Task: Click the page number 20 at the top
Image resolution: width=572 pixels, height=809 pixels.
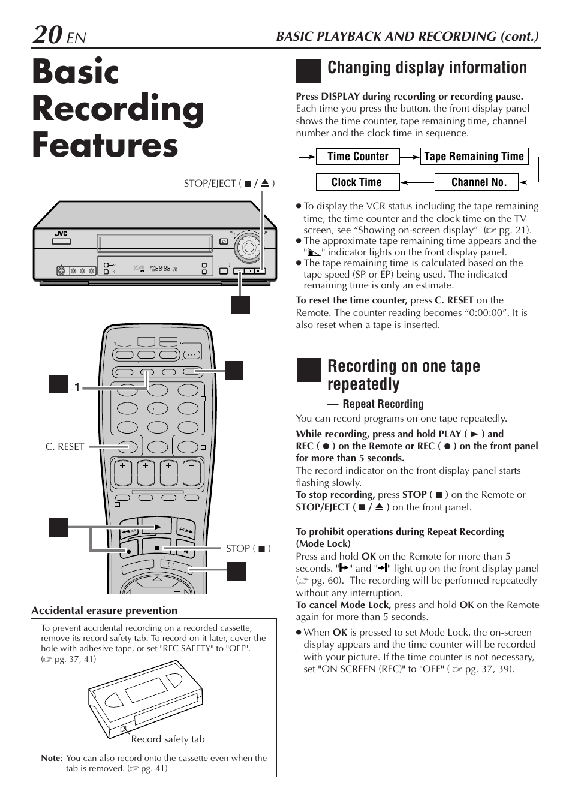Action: [x=47, y=35]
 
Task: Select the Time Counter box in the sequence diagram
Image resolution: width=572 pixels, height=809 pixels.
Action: [x=357, y=157]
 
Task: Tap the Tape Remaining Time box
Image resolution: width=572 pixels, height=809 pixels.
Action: [x=474, y=157]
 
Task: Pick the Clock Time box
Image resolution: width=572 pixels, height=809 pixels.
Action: [x=356, y=182]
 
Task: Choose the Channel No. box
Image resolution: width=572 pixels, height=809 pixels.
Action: [x=478, y=182]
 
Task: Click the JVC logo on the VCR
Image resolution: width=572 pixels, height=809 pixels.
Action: [x=61, y=233]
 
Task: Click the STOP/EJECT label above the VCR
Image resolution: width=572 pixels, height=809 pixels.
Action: [x=228, y=184]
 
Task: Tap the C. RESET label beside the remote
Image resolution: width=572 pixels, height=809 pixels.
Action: [x=65, y=447]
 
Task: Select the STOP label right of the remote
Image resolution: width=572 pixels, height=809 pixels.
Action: [x=248, y=548]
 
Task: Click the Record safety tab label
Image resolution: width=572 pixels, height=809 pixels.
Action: [x=168, y=739]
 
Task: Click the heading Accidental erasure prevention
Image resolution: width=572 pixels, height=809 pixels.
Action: [x=104, y=610]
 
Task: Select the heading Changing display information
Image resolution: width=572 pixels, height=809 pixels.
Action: [x=427, y=68]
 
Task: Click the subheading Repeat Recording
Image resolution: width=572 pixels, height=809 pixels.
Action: [x=383, y=404]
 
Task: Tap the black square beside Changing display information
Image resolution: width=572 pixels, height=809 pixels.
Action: [x=308, y=71]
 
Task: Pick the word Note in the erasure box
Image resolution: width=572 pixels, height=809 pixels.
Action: [x=50, y=758]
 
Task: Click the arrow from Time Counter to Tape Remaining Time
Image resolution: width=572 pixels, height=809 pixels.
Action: [x=410, y=157]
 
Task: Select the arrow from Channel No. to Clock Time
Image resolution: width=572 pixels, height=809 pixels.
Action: [x=417, y=182]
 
